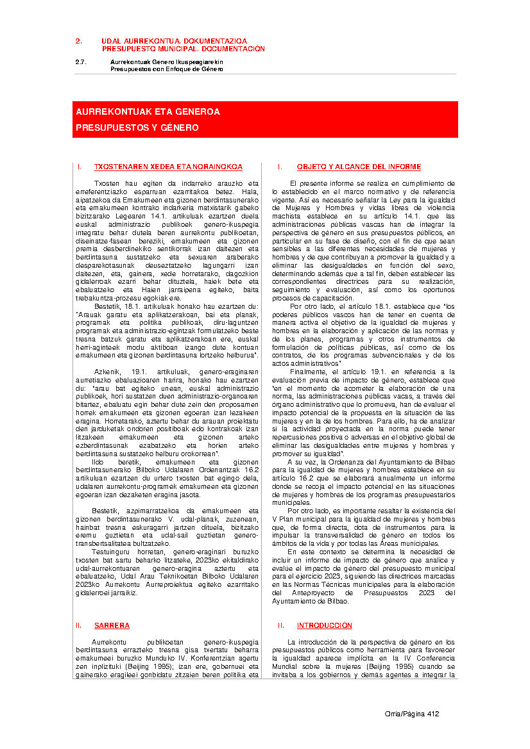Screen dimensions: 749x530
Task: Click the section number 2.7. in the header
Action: [80, 62]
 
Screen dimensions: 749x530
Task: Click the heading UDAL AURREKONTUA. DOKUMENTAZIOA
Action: [174, 41]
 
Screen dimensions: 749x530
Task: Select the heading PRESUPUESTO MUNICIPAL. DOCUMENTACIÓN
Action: [183, 49]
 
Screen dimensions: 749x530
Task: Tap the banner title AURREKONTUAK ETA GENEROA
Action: [148, 111]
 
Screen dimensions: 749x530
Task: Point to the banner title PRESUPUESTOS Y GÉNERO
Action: [137, 128]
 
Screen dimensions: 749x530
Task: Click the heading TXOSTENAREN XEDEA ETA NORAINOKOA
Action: [168, 167]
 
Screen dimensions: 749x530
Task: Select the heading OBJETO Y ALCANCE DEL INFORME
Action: [359, 167]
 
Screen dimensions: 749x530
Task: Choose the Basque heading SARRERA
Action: [112, 625]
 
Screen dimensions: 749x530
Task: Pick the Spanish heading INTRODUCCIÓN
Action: [324, 625]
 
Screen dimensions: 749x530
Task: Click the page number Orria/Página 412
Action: [411, 714]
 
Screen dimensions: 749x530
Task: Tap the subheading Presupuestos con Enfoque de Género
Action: [166, 69]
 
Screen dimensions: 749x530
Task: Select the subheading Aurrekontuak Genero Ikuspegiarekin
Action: [166, 62]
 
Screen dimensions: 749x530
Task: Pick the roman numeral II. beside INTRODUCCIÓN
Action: [281, 625]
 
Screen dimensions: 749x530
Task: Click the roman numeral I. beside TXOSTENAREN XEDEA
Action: [79, 167]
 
